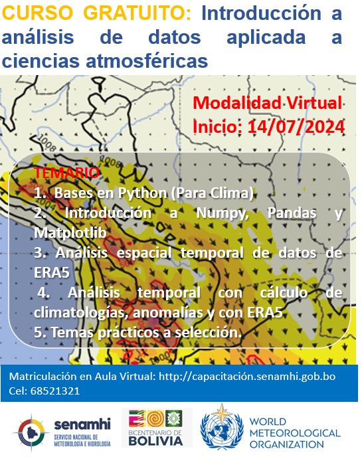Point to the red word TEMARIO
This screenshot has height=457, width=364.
coord(67,173)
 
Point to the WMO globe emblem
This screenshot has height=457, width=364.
coord(222,428)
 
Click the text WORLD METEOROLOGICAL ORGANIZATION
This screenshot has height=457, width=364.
coord(294,433)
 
